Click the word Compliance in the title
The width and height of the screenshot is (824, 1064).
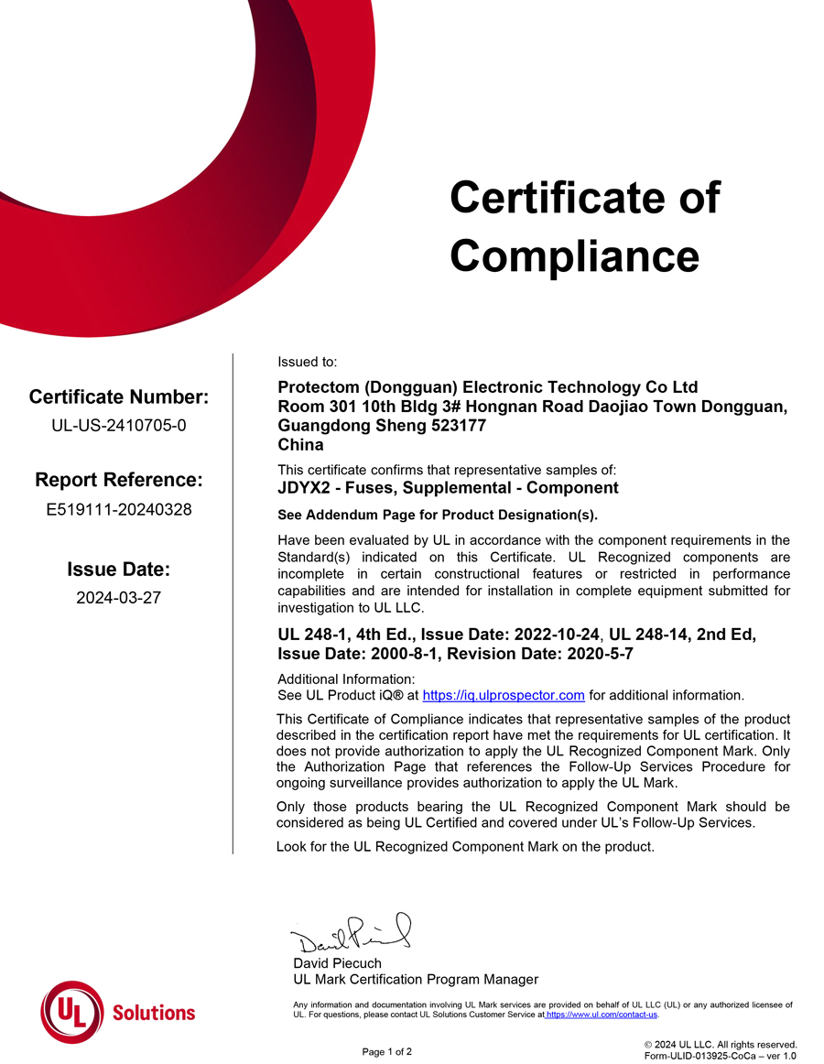pos(574,255)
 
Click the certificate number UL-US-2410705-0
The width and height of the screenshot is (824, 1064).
pos(119,425)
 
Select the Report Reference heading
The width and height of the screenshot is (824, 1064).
pos(119,480)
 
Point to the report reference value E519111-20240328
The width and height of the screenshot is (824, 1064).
pos(119,509)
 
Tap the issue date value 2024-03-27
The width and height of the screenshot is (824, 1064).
pos(119,598)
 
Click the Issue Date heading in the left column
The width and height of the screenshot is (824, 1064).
pos(119,570)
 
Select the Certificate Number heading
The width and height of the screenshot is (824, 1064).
pos(119,396)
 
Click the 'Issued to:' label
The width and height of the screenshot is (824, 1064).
pos(307,363)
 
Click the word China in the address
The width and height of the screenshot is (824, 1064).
pos(300,445)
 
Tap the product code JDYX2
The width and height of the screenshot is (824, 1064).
pos(301,488)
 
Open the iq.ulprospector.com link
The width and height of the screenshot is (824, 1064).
pos(504,696)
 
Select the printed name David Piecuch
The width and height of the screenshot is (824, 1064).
pos(337,963)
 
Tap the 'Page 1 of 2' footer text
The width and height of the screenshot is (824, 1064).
pos(387,1052)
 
